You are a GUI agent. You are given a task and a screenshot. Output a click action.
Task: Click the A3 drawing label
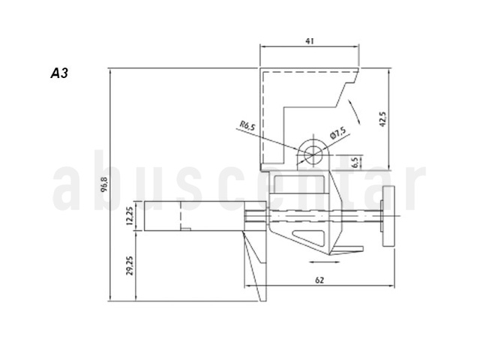(x=59, y=73)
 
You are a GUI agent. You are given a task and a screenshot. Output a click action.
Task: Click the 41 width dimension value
(x=310, y=41)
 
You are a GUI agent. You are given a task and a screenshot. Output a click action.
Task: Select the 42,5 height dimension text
(x=383, y=119)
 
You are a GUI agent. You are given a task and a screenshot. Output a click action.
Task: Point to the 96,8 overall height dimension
(x=105, y=184)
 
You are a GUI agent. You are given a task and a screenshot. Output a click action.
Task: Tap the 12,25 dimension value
(x=130, y=216)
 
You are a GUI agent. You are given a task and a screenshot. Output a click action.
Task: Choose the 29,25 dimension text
(x=130, y=265)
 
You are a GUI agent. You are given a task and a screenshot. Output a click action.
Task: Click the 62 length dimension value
(x=319, y=280)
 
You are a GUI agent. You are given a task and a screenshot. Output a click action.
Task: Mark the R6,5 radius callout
(x=247, y=125)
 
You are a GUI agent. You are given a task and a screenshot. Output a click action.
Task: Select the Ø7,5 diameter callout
(x=338, y=133)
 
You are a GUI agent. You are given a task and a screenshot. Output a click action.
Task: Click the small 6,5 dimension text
(x=355, y=163)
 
